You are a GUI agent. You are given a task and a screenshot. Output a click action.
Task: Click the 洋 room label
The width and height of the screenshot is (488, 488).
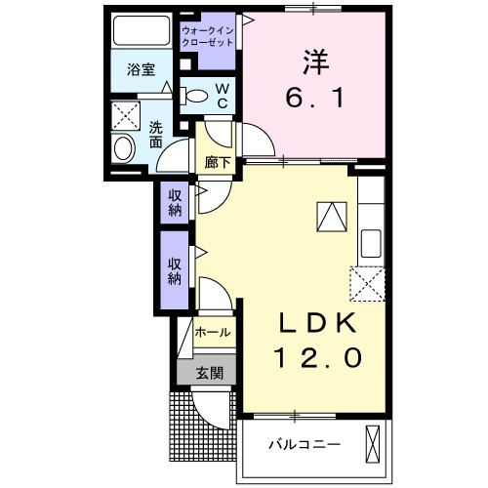314,61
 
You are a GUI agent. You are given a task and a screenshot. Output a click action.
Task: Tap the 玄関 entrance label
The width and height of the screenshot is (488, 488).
208,372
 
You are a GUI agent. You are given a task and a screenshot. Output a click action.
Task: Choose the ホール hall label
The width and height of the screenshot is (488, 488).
213,333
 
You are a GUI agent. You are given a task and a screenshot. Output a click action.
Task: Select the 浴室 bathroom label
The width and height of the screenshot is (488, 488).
142,69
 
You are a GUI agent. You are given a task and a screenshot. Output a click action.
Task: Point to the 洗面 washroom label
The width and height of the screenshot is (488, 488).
156,134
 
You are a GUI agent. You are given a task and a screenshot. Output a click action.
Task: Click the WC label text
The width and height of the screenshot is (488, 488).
222,95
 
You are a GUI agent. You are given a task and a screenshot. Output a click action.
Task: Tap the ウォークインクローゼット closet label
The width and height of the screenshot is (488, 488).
207,38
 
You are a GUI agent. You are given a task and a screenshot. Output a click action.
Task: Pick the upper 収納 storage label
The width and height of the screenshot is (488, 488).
176,203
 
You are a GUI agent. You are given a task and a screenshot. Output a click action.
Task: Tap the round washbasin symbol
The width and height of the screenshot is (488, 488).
124,149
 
